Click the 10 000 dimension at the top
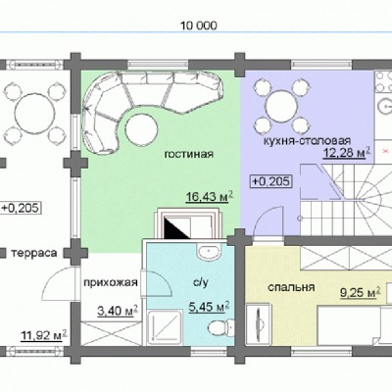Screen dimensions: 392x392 (x=199, y=25)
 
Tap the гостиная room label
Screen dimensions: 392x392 (x=189, y=154)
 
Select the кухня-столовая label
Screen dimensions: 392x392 (x=307, y=141)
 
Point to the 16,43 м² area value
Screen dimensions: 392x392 (x=210, y=197)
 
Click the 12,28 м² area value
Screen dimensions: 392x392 (x=347, y=152)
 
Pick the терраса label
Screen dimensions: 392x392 (x=34, y=253)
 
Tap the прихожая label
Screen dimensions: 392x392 (x=111, y=282)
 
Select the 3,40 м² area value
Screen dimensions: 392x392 (x=118, y=311)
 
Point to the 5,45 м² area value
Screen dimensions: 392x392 (x=209, y=307)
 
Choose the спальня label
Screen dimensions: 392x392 (x=291, y=287)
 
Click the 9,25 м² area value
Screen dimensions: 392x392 (x=361, y=292)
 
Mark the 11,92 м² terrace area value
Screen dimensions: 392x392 (x=44, y=335)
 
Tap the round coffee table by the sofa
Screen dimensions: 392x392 (x=141, y=129)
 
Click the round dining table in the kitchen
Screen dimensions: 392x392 (x=281, y=107)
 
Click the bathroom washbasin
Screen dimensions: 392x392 (x=209, y=252)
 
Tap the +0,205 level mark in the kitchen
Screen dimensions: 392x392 (x=270, y=181)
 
